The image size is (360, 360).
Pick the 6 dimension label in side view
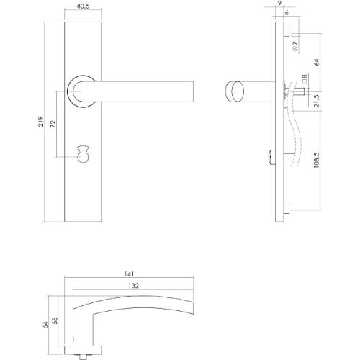(286, 13)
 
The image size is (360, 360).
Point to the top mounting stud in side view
(287, 35)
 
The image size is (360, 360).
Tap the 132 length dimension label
(134, 286)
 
